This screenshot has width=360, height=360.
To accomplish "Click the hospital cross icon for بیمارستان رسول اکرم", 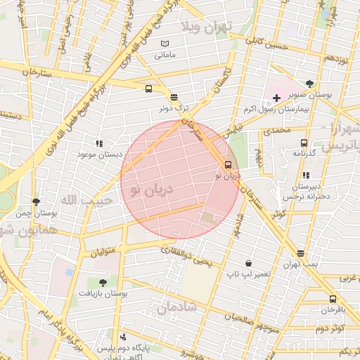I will point(276,96).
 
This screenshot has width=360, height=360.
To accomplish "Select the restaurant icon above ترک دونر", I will point(174,98).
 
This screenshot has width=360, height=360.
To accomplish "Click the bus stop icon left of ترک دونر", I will point(148,89).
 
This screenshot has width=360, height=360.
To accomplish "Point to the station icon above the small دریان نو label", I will point(227,165).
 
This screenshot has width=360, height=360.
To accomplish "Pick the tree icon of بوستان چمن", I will point(36,201).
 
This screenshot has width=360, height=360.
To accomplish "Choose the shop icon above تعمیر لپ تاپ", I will point(248,262).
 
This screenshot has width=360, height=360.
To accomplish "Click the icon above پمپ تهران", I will point(301,253).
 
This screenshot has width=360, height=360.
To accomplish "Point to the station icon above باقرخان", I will point(333,299).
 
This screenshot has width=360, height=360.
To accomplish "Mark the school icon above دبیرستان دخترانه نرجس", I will point(305,175).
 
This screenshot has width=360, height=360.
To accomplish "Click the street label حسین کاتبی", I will point(266,45).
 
